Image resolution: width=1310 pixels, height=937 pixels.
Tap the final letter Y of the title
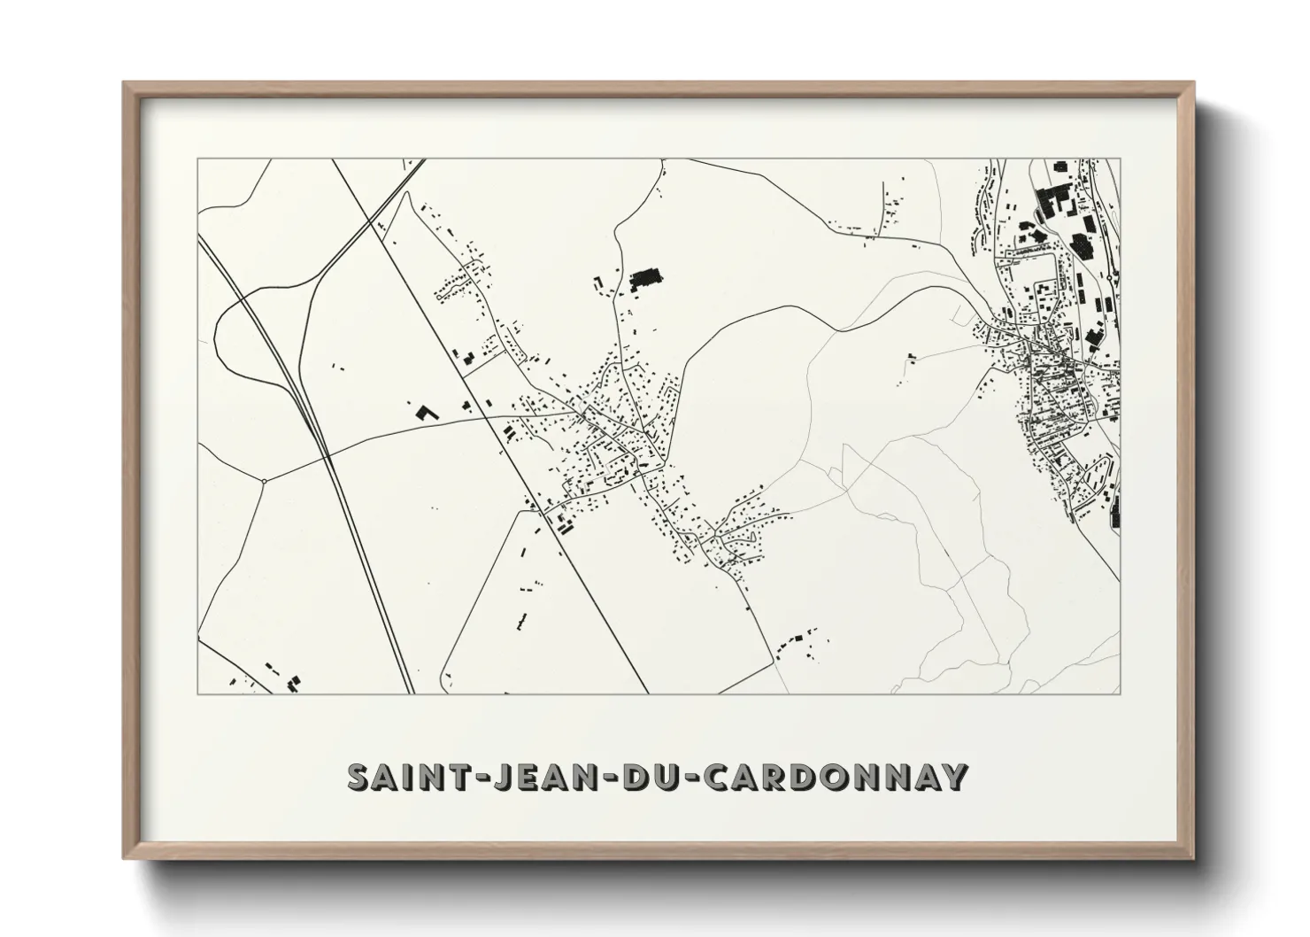click(952, 777)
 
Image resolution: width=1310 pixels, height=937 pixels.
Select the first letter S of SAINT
click(358, 777)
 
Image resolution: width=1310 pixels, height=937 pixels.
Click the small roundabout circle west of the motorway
click(264, 481)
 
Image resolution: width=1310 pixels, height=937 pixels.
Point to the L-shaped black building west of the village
click(426, 412)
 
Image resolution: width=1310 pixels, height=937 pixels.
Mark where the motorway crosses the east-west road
click(327, 455)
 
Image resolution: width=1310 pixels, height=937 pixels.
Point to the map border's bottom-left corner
click(197, 693)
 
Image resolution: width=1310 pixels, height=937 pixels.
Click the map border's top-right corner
click(1120, 159)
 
